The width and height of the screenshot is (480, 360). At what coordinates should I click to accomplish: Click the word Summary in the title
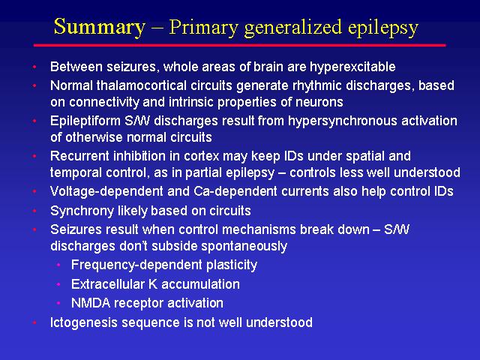pos(99,27)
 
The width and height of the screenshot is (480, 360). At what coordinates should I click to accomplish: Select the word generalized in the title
pos(293,28)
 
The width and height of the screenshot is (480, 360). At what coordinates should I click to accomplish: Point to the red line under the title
pos(240,45)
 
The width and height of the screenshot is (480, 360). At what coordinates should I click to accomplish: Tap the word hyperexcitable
pos(352,67)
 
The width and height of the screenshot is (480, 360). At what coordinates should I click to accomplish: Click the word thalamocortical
pos(142,85)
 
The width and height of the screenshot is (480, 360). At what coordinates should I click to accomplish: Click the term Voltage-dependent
pos(106,192)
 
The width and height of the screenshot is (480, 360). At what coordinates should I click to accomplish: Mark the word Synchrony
pos(82,211)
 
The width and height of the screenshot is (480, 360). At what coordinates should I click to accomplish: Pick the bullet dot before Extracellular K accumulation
pos(58,284)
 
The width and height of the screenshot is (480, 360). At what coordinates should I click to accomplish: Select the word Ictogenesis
pos(84,323)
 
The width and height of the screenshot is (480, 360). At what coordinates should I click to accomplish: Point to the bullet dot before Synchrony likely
pos(34,211)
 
